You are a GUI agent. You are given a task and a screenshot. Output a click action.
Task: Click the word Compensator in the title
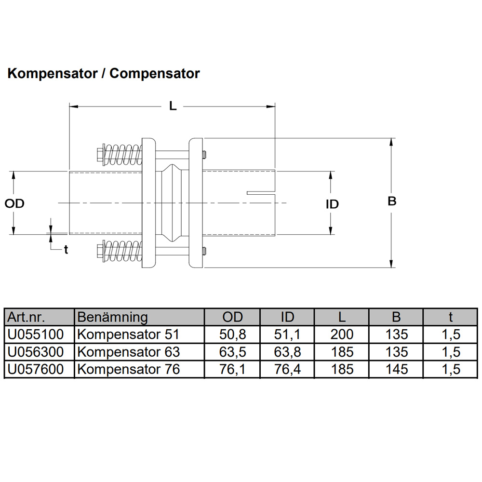(154, 74)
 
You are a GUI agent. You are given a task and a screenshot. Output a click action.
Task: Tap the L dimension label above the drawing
(173, 106)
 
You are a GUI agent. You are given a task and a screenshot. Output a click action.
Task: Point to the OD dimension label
(15, 204)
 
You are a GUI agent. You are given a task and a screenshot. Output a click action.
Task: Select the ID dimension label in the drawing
(332, 204)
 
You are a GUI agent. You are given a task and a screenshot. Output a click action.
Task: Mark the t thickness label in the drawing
(66, 250)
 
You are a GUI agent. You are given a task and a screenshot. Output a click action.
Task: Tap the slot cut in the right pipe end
(260, 193)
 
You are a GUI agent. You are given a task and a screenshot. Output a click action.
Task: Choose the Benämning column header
(112, 317)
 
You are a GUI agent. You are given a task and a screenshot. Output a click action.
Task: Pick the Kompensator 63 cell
(129, 352)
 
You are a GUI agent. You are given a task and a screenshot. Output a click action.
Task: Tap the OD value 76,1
(232, 370)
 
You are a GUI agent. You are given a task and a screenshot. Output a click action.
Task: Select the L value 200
(342, 335)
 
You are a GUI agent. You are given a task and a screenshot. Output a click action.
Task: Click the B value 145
(396, 370)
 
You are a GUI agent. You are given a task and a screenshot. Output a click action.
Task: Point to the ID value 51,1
(287, 335)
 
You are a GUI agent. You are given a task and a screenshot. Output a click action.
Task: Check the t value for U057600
(451, 370)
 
